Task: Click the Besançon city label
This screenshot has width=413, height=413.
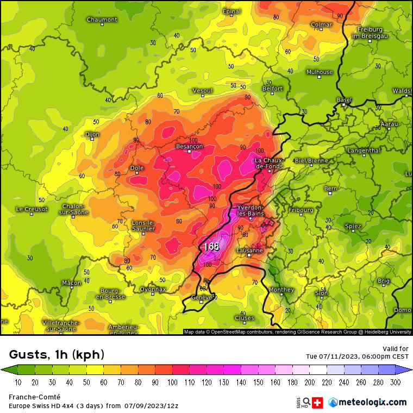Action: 189,146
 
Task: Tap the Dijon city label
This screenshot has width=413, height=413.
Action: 92,134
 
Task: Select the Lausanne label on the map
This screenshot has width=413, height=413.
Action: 250,251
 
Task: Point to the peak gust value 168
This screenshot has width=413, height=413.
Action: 211,246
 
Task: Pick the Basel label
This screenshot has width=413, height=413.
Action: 344,100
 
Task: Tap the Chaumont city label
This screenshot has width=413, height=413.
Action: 102,20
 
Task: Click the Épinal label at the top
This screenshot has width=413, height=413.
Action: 231,11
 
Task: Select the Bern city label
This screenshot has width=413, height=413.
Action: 330,189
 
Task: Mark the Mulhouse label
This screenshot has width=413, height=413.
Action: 320,72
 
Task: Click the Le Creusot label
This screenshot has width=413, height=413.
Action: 32,209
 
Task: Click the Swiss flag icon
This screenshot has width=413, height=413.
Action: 318,403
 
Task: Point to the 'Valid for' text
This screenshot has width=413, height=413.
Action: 396,349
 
